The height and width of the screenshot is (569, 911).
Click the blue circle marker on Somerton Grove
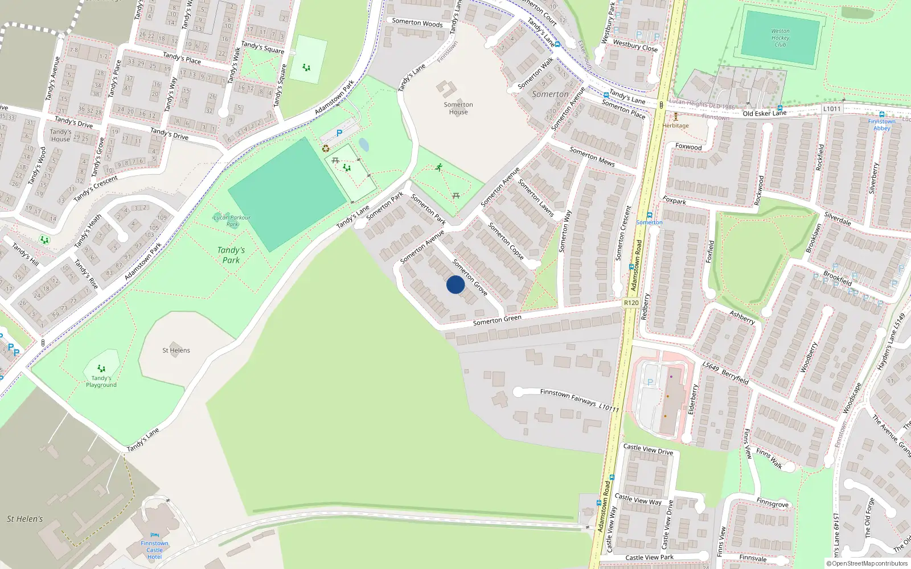pos(455,284)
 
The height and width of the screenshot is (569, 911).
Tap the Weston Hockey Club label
pos(780,38)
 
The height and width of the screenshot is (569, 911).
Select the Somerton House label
pos(458,108)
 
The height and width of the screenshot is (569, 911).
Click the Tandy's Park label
pos(231,255)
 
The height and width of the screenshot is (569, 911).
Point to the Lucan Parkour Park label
pos(232,221)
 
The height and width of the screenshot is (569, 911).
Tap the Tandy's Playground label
pos(101,381)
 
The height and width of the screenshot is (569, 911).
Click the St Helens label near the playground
pos(176,351)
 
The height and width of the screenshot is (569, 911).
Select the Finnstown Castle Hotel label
pos(155,550)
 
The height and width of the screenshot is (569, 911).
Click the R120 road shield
pos(631,303)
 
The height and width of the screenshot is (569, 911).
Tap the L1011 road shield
pos(832,109)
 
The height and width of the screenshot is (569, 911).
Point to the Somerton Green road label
pos(497,320)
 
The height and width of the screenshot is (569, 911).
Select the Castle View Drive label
pos(648,450)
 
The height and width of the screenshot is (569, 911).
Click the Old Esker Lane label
pos(764,113)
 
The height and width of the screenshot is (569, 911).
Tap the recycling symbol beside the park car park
pos(326,149)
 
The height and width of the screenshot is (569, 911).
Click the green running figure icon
pos(438,167)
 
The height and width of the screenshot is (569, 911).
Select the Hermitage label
pos(676,126)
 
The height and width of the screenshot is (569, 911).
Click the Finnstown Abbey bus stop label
pos(881,125)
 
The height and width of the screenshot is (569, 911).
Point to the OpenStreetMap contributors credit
pos(867,564)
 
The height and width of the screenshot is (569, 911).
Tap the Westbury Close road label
pos(635,46)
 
